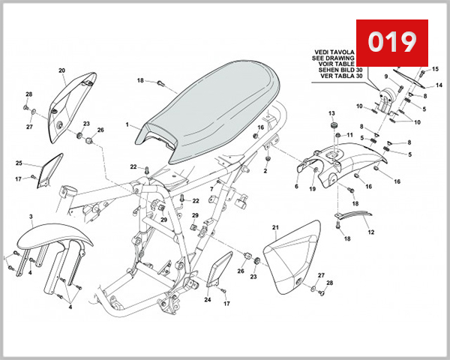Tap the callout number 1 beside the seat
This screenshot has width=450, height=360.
[x=127, y=124]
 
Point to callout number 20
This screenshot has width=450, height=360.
[x=61, y=70]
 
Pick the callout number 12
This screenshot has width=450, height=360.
[x=370, y=232]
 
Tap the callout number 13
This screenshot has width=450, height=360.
[x=331, y=112]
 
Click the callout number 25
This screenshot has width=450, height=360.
[x=19, y=163]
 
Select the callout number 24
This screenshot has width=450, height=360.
[x=208, y=300]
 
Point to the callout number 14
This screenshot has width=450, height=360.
[x=439, y=86]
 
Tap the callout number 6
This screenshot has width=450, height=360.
[x=296, y=186]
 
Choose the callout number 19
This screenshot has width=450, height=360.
[x=313, y=190]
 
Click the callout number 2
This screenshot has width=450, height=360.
[x=265, y=171]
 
